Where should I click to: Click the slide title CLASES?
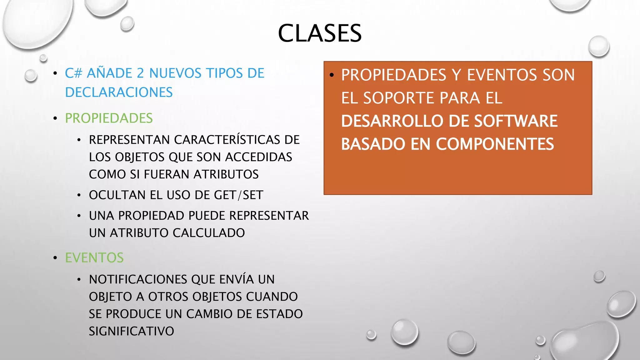pyautogui.click(x=320, y=33)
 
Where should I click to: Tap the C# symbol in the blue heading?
pyautogui.click(x=73, y=73)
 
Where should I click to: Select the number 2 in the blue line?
pyautogui.click(x=140, y=73)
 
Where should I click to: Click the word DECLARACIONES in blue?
pyautogui.click(x=119, y=92)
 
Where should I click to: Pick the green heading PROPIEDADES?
pyautogui.click(x=109, y=118)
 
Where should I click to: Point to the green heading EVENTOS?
pyautogui.click(x=94, y=258)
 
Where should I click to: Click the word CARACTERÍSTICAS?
pyautogui.click(x=227, y=140)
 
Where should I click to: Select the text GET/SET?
pyautogui.click(x=238, y=195)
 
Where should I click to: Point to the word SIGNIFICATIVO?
pyautogui.click(x=131, y=331)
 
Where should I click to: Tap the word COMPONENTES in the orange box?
pyautogui.click(x=495, y=144)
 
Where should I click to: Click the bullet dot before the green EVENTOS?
pyautogui.click(x=55, y=258)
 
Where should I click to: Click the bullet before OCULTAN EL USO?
pyautogui.click(x=79, y=196)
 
